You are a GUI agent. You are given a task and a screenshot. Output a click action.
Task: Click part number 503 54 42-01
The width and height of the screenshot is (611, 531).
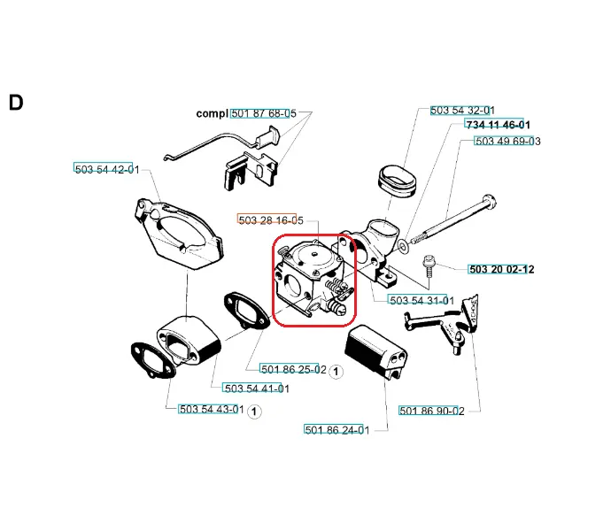pos(107,169)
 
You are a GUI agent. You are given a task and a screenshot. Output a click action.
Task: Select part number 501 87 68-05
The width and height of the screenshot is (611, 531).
pos(264,113)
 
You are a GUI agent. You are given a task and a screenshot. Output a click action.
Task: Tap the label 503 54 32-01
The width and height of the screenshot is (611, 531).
pos(462,111)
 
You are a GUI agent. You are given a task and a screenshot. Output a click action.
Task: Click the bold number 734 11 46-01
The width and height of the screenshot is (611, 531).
pos(498,125)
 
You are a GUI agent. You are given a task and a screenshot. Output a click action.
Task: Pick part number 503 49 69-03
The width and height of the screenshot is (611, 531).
pos(507,141)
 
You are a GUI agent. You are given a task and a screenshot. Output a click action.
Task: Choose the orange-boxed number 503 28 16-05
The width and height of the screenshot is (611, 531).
pos(271,220)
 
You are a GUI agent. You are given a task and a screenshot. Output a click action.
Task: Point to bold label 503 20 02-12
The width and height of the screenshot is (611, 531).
pos(501,269)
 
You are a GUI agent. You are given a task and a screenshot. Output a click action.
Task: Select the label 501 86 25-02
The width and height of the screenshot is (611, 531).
pos(294,369)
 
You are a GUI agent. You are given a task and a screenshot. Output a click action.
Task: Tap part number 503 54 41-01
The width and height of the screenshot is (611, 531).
pos(257,389)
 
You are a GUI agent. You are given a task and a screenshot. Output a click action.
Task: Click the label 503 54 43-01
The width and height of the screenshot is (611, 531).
pos(212,410)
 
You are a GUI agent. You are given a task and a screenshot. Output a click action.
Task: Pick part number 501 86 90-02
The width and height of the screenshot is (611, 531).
pos(432,411)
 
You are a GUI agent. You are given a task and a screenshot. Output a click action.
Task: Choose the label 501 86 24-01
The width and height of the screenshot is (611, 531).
pos(337,430)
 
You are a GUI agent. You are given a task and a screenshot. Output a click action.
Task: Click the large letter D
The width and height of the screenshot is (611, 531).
pos(16,103)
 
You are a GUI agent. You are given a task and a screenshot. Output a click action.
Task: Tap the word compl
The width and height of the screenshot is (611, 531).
pos(212,114)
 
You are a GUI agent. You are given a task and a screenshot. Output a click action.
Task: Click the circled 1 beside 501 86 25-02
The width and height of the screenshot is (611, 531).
pos(336,372)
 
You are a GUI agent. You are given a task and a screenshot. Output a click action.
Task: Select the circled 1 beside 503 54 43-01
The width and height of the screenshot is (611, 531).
pos(254,412)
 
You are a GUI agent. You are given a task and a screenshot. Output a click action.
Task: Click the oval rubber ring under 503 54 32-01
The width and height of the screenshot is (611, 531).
pos(397,181)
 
